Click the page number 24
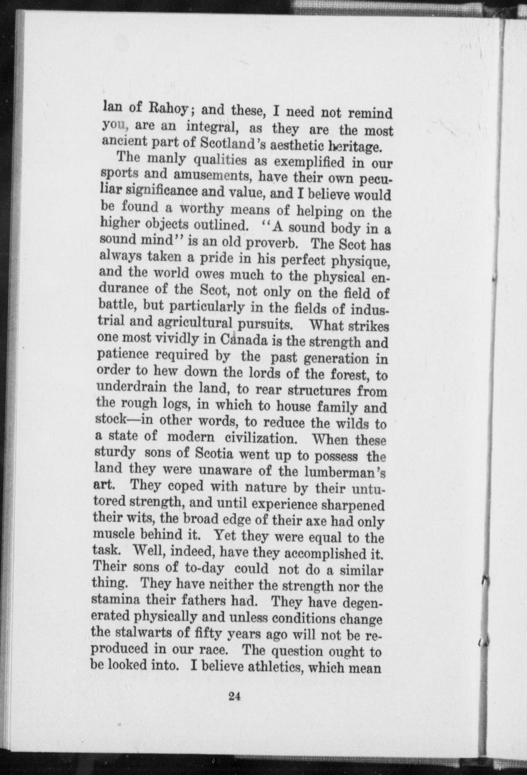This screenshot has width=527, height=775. pyautogui.click(x=234, y=696)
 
